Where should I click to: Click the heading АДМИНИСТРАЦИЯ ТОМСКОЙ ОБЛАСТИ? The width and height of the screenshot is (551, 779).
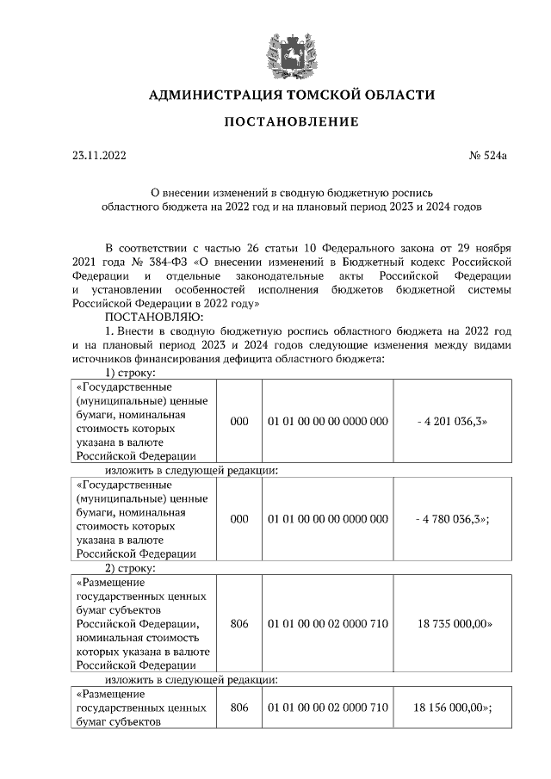292,95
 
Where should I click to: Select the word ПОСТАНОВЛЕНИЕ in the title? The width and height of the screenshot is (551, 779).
291,122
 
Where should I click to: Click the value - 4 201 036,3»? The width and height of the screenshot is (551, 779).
454,422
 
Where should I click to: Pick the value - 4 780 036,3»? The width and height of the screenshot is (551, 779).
454,519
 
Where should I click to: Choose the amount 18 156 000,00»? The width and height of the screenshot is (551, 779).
453,707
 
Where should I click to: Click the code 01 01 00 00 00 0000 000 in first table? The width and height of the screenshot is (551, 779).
327,422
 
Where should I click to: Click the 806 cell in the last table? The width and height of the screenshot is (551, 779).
239,707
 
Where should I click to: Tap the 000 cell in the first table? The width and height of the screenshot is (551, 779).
239,422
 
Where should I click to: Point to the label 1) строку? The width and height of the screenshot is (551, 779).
130,373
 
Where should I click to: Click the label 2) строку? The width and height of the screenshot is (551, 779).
130,568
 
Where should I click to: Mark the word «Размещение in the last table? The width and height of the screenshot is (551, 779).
110,693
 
